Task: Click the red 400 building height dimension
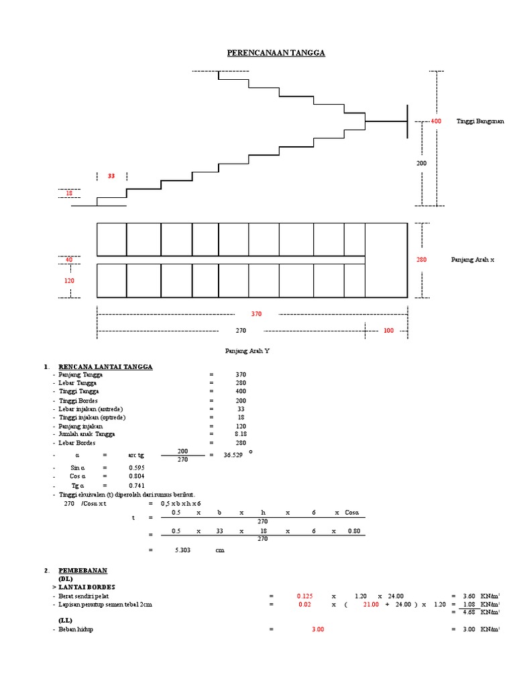point(436,121)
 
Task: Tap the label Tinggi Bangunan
point(480,121)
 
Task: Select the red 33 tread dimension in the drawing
point(111,176)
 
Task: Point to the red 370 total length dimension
point(256,313)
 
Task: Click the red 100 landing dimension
point(389,330)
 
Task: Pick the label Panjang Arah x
point(472,259)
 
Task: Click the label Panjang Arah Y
point(246,351)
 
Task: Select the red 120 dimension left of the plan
point(69,280)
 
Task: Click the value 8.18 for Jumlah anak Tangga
point(241,434)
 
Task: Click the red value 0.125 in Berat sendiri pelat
point(304,595)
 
